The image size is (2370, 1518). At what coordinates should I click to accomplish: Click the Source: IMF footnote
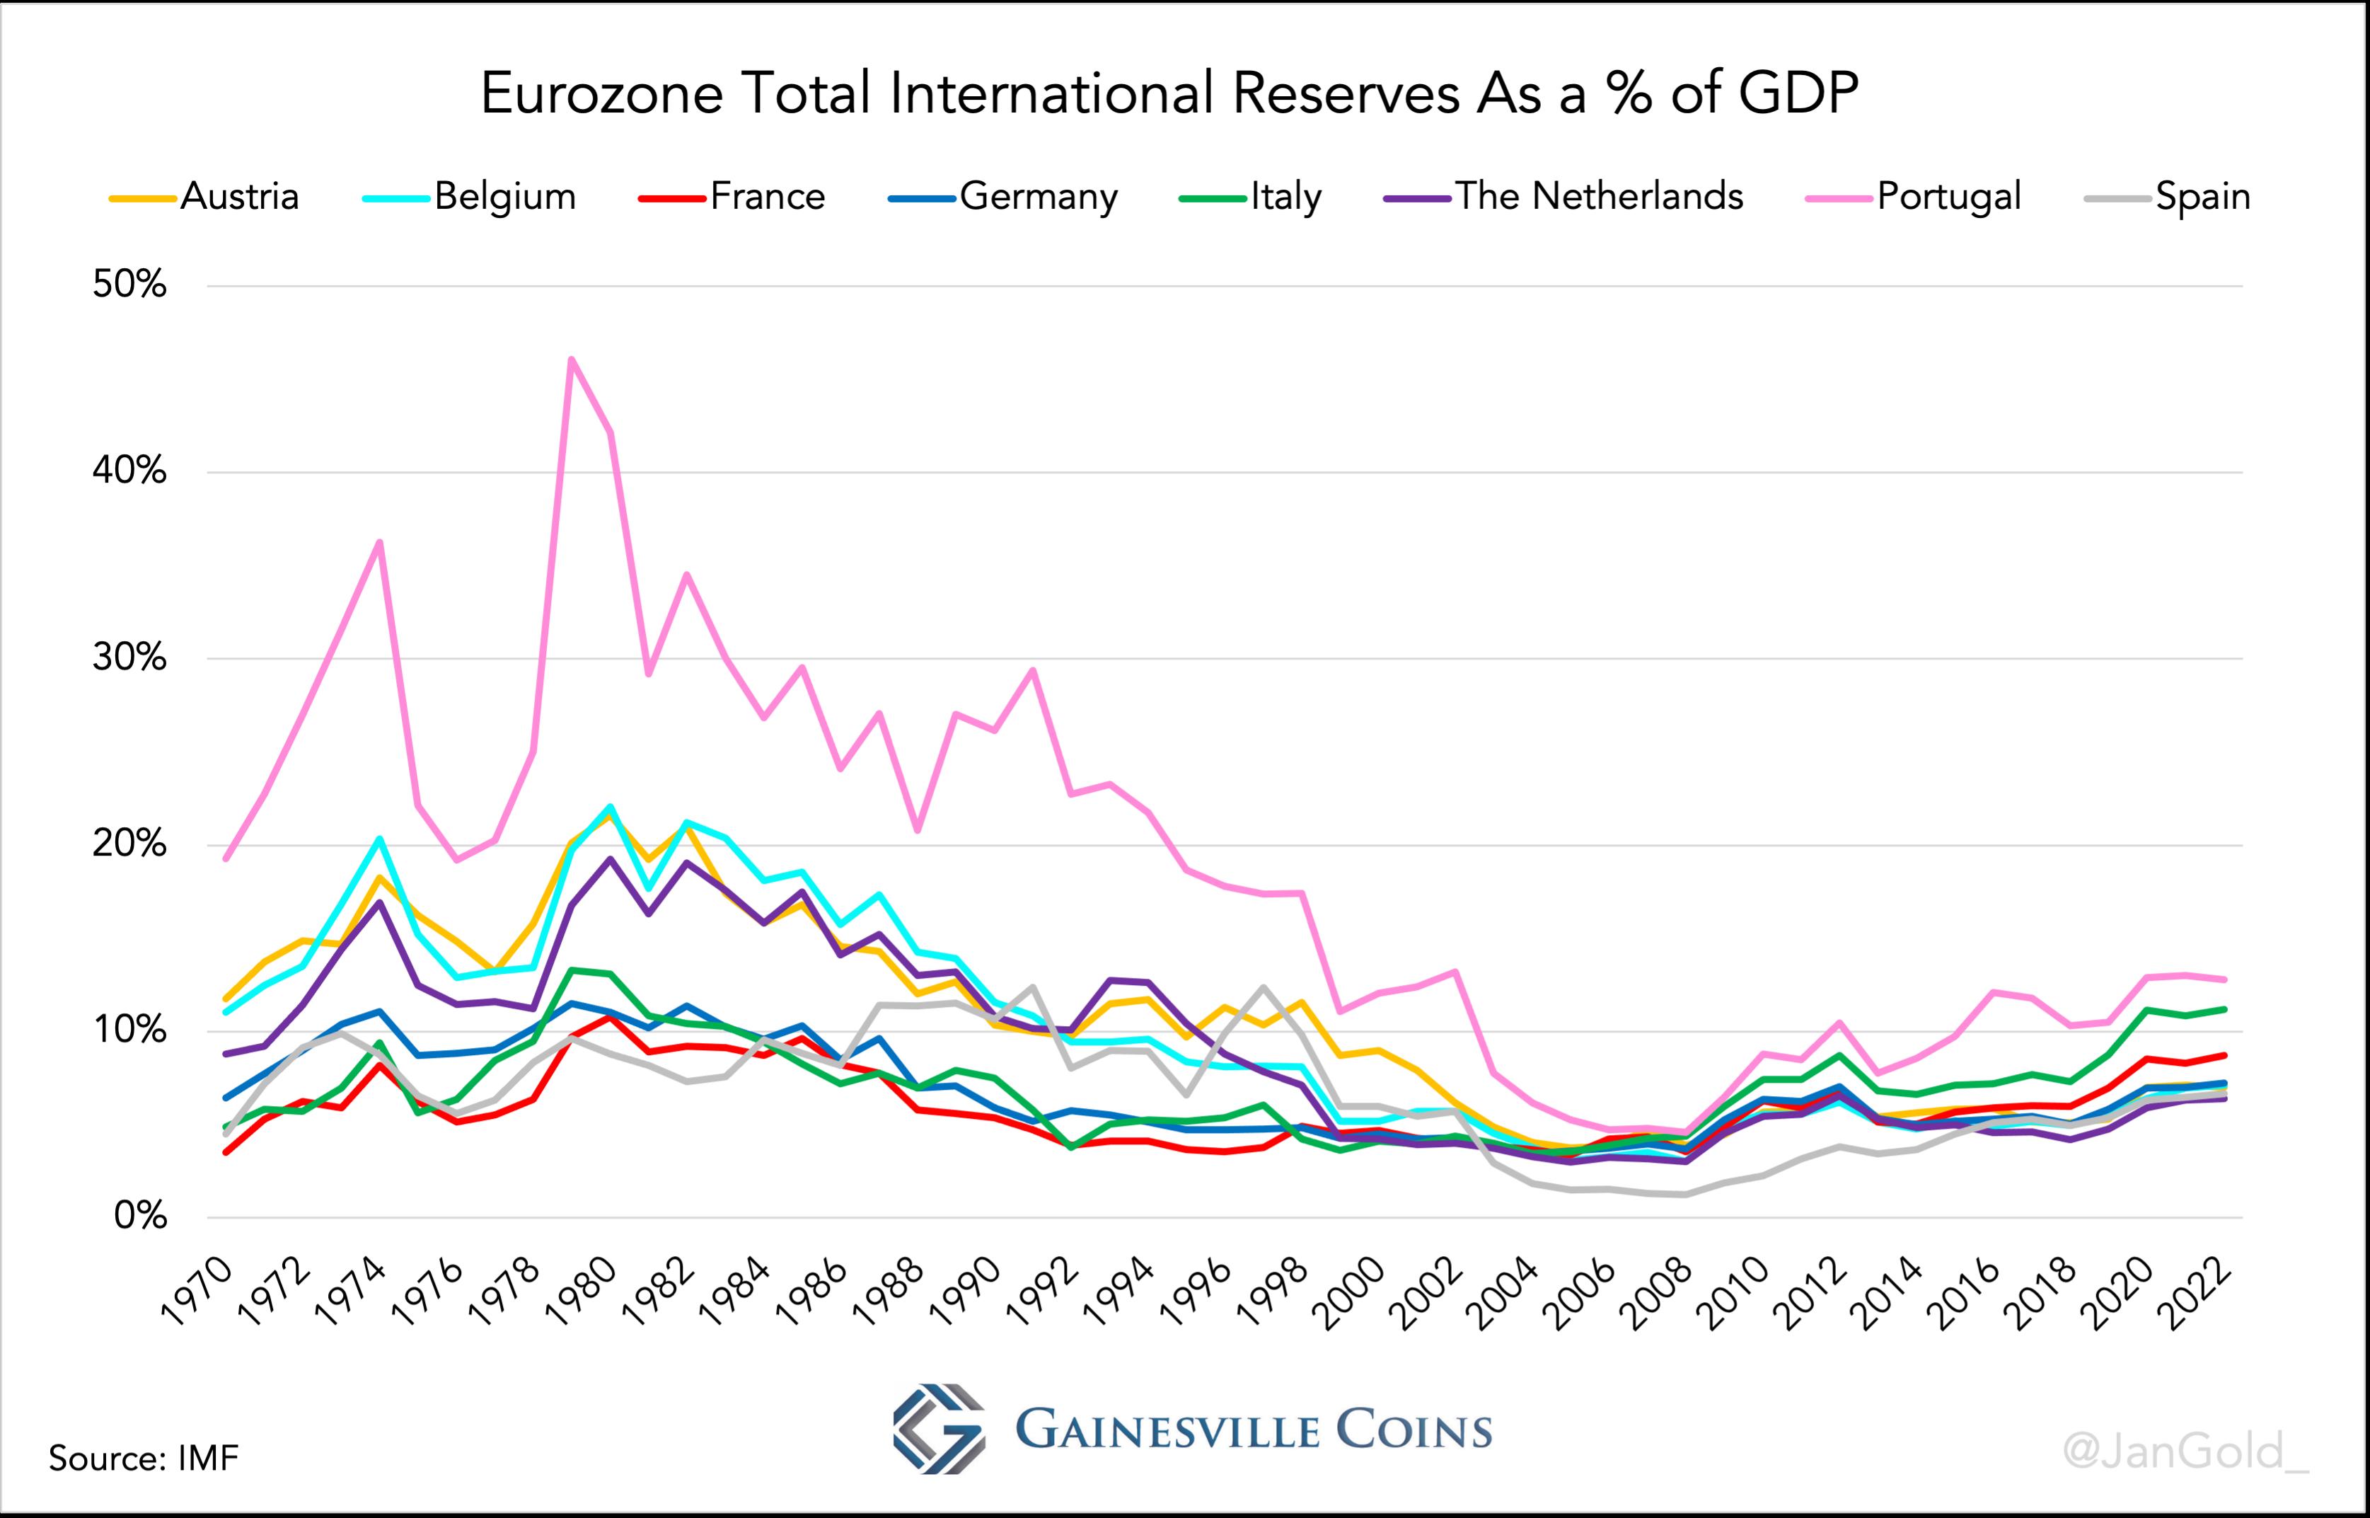coord(144,1458)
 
